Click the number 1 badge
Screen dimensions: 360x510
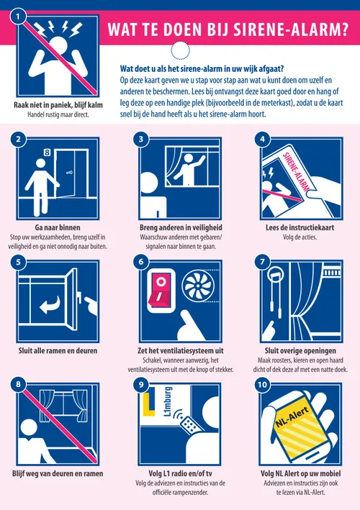pyautogui.click(x=18, y=17)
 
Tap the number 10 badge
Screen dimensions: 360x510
pyautogui.click(x=262, y=385)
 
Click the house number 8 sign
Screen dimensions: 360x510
pyautogui.click(x=48, y=152)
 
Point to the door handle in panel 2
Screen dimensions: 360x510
pyautogui.click(x=69, y=173)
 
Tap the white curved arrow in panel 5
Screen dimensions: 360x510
pyautogui.click(x=50, y=305)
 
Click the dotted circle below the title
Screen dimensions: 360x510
pyautogui.click(x=180, y=50)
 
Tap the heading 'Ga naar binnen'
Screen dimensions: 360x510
pyautogui.click(x=58, y=227)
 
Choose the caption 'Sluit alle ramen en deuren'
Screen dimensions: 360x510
pyautogui.click(x=58, y=350)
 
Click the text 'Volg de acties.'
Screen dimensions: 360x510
pyautogui.click(x=300, y=237)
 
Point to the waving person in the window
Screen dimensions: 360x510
pyautogui.click(x=188, y=169)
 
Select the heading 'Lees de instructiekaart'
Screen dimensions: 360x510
pyautogui.click(x=300, y=227)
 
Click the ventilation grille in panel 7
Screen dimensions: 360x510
pyautogui.click(x=332, y=272)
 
